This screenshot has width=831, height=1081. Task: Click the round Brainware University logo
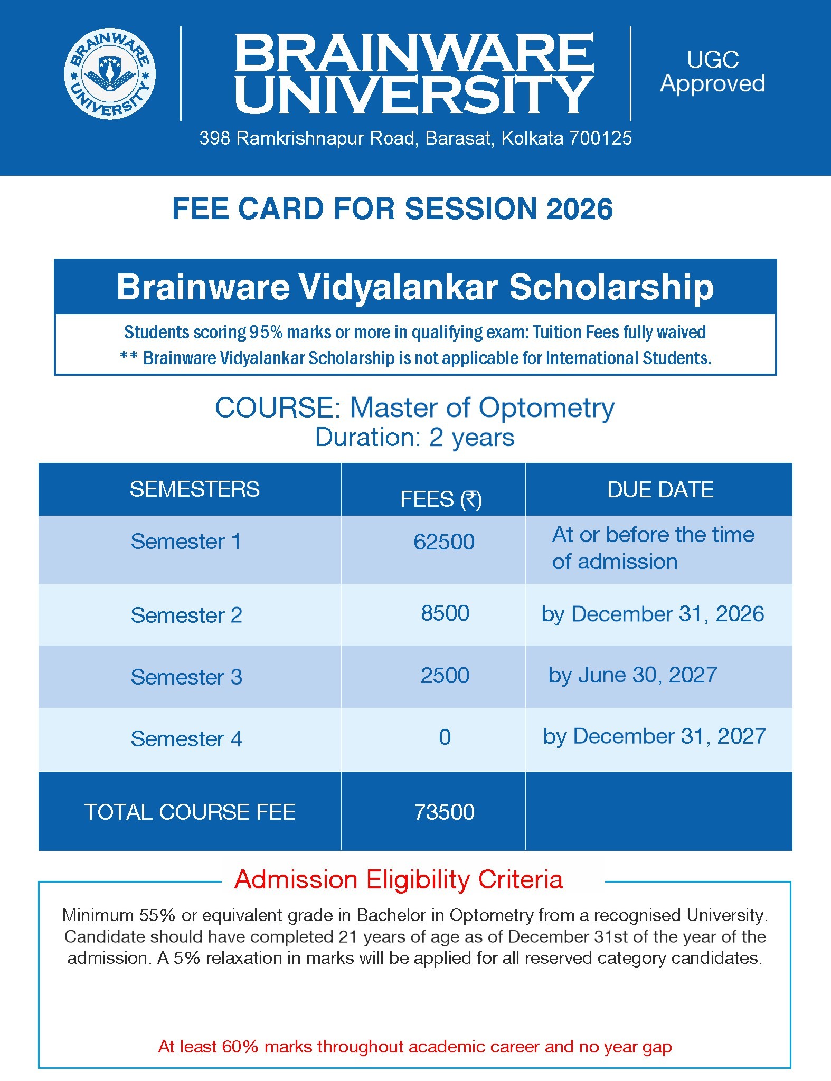110,73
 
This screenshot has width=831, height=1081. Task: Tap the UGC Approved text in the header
713,72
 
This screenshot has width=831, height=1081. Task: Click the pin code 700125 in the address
600,138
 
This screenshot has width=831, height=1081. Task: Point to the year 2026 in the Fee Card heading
580,208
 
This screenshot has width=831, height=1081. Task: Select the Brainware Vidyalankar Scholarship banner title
415,287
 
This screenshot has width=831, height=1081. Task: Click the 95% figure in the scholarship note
266,333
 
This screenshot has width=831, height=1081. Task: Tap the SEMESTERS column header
195,489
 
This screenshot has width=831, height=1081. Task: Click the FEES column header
441,499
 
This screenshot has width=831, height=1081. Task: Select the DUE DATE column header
660,490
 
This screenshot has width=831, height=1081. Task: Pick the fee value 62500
444,542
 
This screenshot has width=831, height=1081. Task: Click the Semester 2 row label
186,615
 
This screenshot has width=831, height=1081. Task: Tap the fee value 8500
445,613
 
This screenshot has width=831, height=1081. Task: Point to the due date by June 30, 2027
632,676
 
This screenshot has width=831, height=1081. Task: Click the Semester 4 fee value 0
445,737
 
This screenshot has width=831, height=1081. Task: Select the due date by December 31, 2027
654,737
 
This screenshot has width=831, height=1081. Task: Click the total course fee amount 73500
444,812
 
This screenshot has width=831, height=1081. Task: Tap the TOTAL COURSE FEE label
190,812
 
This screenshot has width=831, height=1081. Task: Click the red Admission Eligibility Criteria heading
399,880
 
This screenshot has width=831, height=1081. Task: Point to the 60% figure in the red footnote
240,1047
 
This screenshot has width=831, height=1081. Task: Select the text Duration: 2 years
415,438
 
